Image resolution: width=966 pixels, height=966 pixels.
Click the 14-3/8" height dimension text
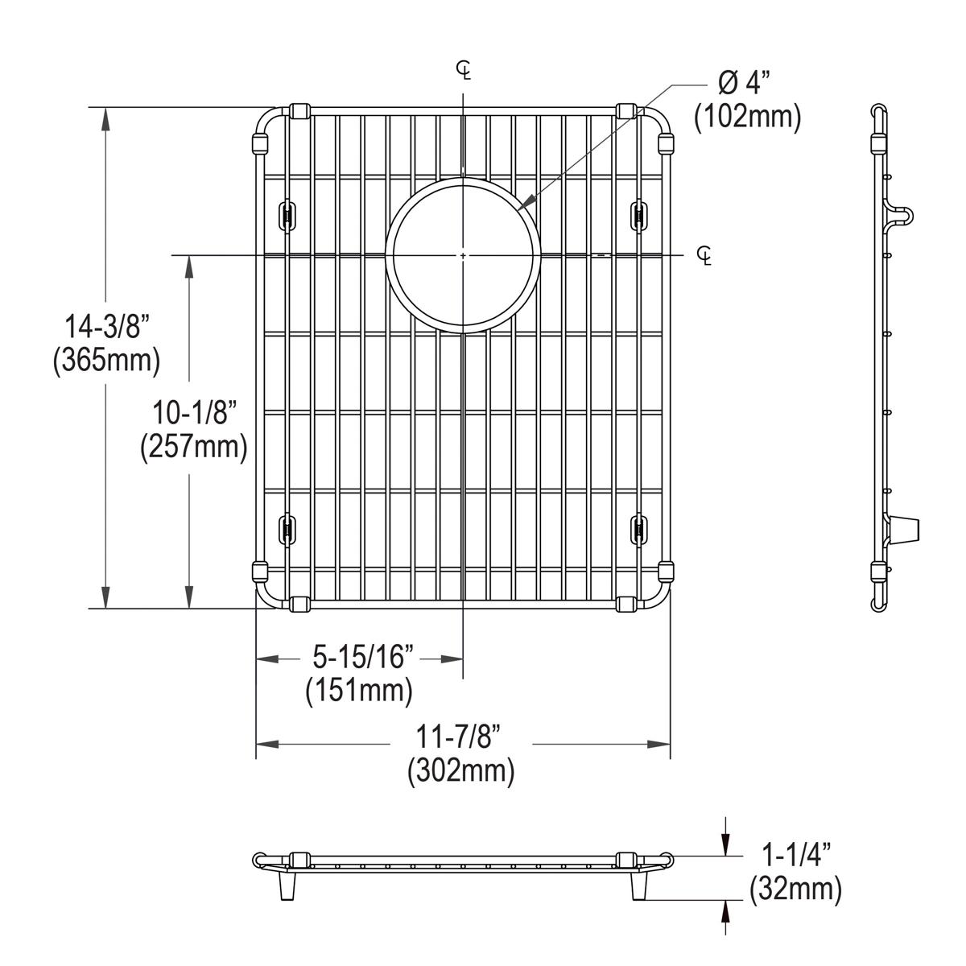[x=107, y=327]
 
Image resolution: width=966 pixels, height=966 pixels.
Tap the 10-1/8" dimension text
[x=193, y=413]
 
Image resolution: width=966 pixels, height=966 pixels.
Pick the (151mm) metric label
[x=359, y=691]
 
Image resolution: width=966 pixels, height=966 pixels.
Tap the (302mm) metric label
[x=460, y=771]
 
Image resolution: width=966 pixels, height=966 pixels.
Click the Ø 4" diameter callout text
[x=743, y=83]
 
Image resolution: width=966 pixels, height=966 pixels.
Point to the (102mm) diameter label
[x=748, y=118]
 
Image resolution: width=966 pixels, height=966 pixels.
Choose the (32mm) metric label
[x=795, y=890]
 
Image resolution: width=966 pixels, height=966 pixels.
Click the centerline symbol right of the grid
[x=705, y=256]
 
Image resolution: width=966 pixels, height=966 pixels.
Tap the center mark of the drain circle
[x=463, y=255]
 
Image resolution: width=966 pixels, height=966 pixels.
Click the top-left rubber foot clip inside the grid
[x=285, y=214]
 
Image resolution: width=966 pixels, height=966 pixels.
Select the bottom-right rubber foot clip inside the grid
[x=638, y=529]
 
